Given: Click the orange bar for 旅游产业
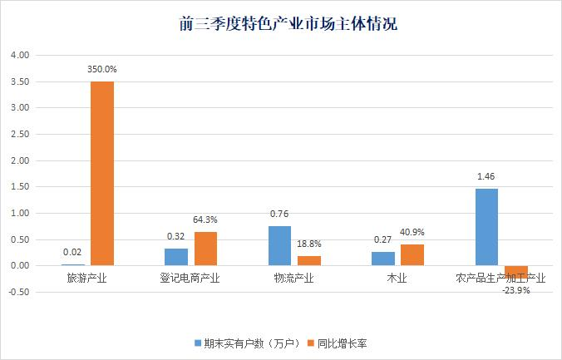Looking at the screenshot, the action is coord(102,174).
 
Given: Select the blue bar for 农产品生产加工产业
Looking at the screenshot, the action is coord(486,227).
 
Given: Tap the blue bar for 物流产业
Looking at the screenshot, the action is coord(279,245).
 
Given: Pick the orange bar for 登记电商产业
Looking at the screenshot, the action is coord(205,249).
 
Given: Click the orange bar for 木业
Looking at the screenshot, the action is coord(412,255).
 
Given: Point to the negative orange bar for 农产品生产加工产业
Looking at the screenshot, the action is coord(516,272).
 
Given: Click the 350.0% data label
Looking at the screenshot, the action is coord(102,70).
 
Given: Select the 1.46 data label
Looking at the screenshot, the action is coord(486,176).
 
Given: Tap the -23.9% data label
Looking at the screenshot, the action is coord(516,290).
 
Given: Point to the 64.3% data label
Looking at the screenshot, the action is coord(205,219).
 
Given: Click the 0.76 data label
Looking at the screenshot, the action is coord(279,214).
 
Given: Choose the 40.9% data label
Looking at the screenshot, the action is coord(412,232).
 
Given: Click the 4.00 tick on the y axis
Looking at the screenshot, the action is coord(20,55).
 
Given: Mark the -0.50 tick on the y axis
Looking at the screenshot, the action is coord(18,292).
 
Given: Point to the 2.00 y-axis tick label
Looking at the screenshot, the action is coord(20,160).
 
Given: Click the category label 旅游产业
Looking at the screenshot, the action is coord(86,278).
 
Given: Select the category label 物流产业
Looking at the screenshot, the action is coord(294,278).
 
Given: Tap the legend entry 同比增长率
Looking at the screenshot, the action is coord(338,343).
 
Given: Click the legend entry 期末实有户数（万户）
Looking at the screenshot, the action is coord(248,343).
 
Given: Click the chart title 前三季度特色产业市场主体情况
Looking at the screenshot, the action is coord(288,24).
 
